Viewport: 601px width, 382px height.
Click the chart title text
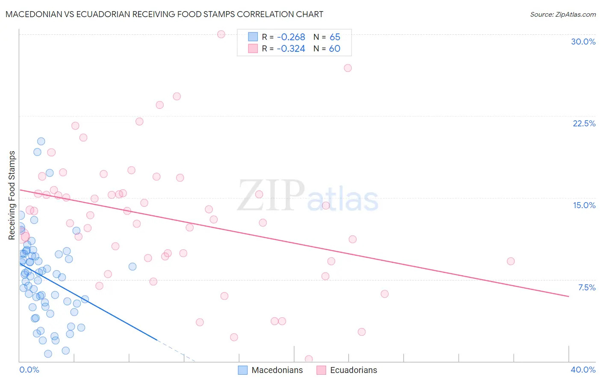(164, 14)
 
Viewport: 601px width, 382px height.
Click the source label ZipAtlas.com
(563, 14)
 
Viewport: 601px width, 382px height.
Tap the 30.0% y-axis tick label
(583, 42)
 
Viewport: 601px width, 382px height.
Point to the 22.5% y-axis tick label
(584, 123)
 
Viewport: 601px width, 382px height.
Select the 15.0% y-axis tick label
(584, 205)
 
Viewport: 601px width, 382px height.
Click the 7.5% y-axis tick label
(586, 287)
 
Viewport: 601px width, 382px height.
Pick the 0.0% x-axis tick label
(29, 370)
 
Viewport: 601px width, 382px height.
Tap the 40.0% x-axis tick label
(583, 370)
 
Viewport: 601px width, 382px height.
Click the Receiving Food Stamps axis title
(12, 195)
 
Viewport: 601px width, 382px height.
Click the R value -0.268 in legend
(291, 37)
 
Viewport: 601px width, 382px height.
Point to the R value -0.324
(291, 49)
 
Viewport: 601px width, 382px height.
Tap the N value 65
(335, 37)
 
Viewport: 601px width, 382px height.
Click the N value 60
(335, 49)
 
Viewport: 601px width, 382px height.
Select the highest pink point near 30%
(221, 34)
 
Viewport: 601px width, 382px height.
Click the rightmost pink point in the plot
(510, 261)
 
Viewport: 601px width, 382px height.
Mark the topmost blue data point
(41, 141)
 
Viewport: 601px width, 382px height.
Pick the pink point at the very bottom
(309, 359)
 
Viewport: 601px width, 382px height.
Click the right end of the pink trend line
(569, 296)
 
